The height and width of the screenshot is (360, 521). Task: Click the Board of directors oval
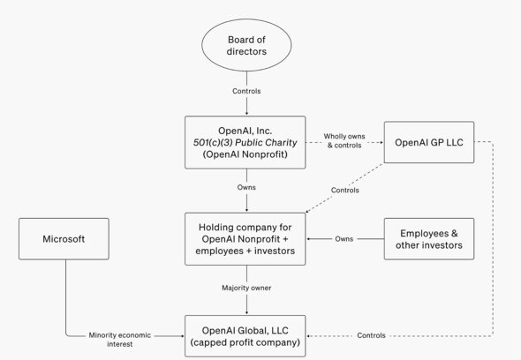point(246,44)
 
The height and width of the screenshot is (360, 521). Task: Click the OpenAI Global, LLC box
point(246,335)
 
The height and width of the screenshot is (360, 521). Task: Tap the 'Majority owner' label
point(246,288)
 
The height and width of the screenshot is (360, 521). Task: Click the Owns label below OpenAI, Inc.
point(246,188)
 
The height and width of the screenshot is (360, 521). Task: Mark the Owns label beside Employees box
point(344,238)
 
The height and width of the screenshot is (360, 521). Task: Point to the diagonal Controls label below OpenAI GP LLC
point(344,189)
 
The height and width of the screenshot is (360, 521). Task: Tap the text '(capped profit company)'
point(246,342)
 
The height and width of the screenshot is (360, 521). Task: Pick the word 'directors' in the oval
point(246,51)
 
